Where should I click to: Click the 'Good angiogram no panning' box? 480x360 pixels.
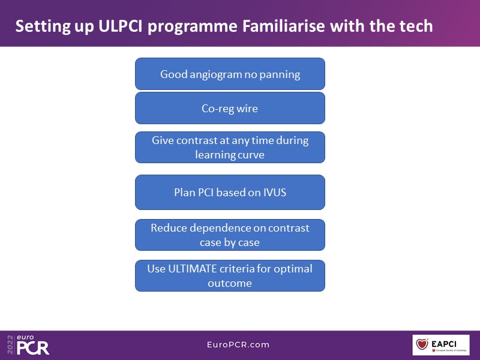click(230, 74)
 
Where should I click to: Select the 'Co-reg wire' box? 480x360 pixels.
click(230, 108)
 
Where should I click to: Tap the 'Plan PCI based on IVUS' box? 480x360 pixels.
click(230, 192)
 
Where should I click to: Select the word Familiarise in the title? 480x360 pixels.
click(286, 27)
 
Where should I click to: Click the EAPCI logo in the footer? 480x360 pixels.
click(440, 345)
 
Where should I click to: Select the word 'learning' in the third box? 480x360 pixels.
click(217, 154)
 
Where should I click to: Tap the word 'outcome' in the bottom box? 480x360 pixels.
click(230, 283)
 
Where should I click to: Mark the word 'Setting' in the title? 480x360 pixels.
click(39, 27)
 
